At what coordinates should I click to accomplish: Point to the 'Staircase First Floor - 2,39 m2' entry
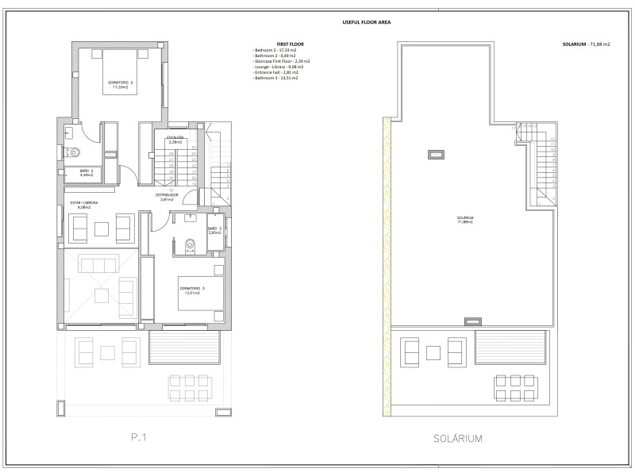pyautogui.click(x=282, y=61)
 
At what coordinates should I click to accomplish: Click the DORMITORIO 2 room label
pyautogui.click(x=121, y=85)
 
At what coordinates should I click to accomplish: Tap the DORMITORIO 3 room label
pyautogui.click(x=192, y=290)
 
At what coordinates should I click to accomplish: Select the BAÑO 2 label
pyautogui.click(x=87, y=172)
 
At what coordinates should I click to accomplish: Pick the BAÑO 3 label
pyautogui.click(x=214, y=231)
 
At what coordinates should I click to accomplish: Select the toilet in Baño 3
pyautogui.click(x=188, y=246)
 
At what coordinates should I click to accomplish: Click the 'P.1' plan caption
pyautogui.click(x=140, y=437)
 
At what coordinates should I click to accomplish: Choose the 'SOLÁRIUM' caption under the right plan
pyautogui.click(x=457, y=437)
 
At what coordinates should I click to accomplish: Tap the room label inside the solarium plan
pyautogui.click(x=465, y=220)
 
